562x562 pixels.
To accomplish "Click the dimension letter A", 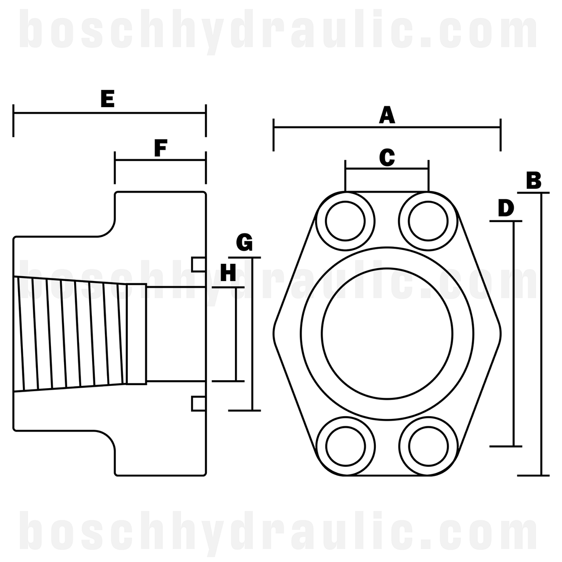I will [387, 115].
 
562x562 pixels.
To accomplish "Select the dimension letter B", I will [533, 180].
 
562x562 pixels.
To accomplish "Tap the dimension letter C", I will [387, 158].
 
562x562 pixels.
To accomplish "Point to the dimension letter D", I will [506, 208].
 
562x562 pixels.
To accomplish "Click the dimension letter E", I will [108, 99].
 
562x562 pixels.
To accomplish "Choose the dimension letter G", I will [244, 242].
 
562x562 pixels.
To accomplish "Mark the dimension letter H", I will [228, 273].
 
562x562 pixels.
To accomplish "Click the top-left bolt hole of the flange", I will [346, 221].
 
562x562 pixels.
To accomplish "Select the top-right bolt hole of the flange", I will [428, 221].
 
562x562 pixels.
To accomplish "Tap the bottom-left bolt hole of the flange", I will [346, 446].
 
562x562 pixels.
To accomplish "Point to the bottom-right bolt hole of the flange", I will [428, 446].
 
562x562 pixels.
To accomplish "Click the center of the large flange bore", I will [387, 334].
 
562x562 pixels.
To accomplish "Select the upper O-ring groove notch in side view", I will [198, 264].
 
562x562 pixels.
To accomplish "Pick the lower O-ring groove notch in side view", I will [198, 403].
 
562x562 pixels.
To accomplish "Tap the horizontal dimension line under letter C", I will [387, 168].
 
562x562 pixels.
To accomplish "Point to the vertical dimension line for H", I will [237, 334].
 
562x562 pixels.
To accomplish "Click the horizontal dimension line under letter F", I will [160, 160].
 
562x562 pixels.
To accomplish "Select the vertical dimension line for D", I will [514, 334].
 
